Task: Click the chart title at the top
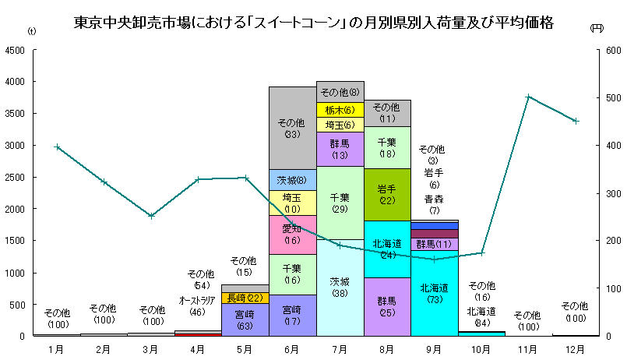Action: (x=313, y=22)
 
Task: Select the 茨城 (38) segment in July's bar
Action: (x=340, y=288)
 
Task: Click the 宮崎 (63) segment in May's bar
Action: (x=245, y=319)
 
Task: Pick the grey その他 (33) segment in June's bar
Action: (x=292, y=128)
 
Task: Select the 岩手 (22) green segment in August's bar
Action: (x=387, y=195)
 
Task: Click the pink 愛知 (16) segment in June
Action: (x=292, y=235)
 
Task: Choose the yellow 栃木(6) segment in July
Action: (x=340, y=110)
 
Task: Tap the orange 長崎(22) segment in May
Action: (x=245, y=298)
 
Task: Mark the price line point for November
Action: (x=529, y=97)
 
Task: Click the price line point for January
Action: (x=57, y=146)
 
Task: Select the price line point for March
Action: (x=151, y=216)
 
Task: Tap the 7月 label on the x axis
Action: (x=340, y=348)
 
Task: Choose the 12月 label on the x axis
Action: (x=576, y=348)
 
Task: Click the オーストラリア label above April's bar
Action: (x=198, y=300)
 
